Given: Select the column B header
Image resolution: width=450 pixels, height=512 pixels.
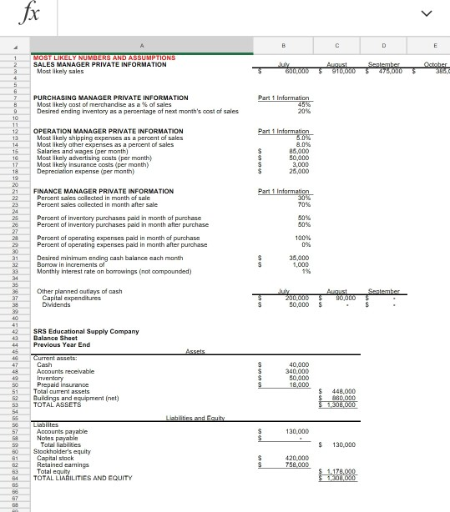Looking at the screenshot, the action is click(x=284, y=48).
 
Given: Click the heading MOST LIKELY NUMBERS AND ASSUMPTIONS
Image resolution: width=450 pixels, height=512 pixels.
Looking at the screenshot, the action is click(x=104, y=58).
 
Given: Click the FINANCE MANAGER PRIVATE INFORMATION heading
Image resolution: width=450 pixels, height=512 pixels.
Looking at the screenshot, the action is click(x=104, y=191).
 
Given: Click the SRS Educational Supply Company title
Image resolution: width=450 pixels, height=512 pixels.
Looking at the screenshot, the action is click(x=86, y=331).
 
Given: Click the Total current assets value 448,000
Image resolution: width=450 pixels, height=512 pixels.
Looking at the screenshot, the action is click(x=343, y=391).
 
